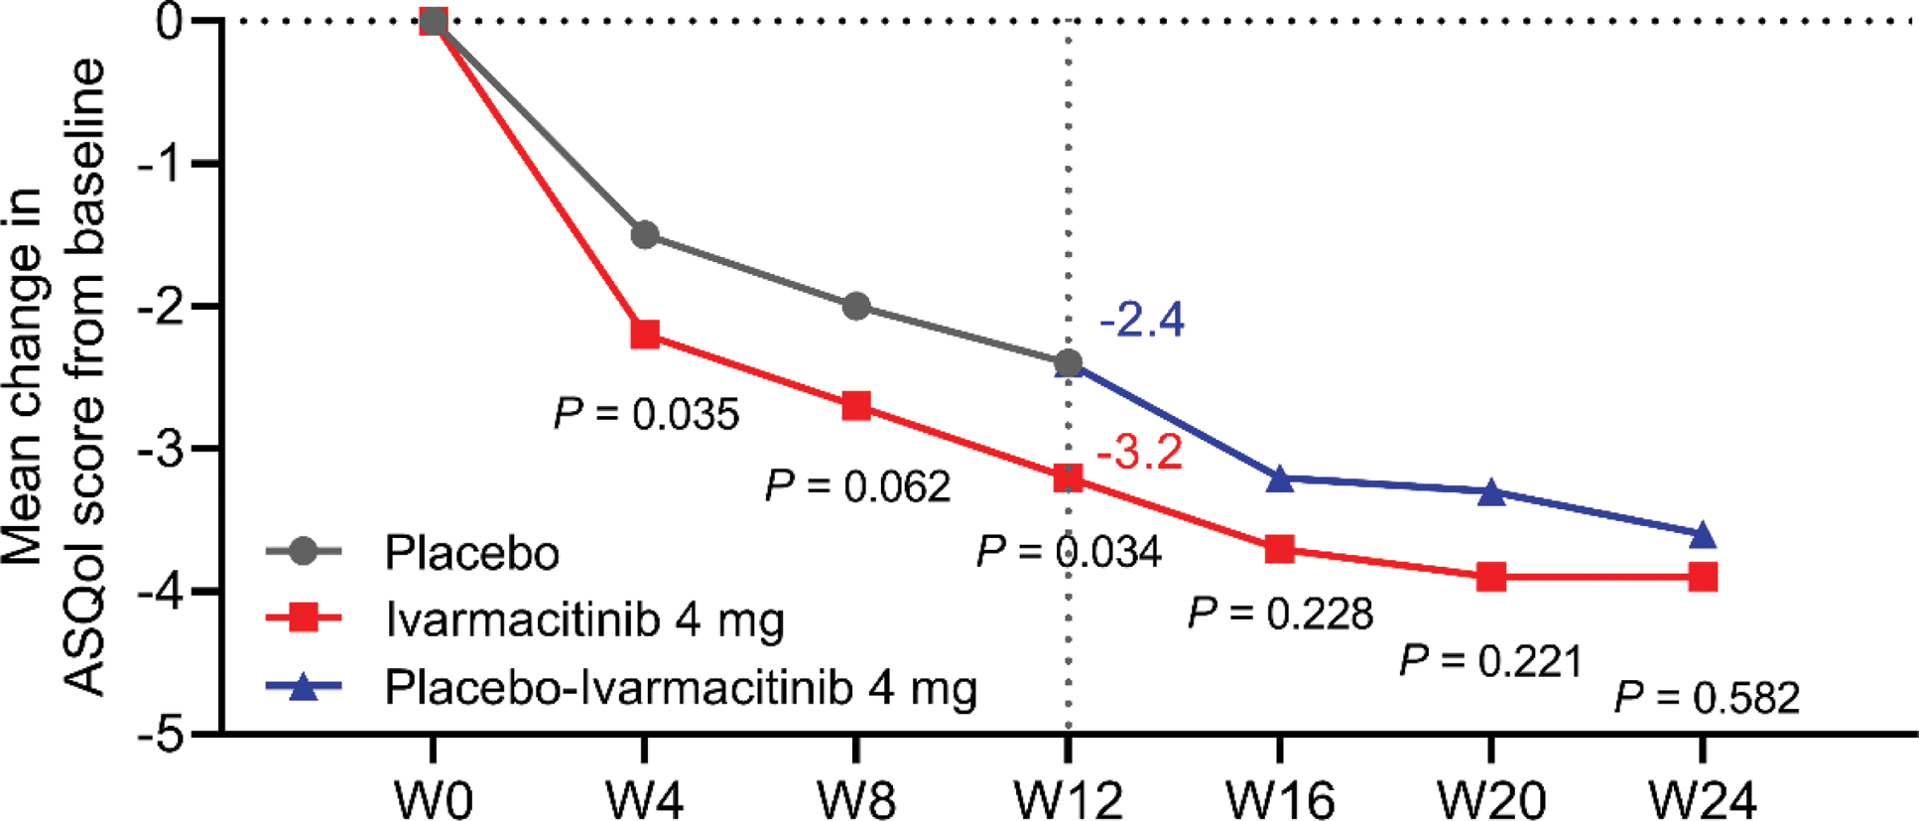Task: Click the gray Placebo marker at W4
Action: pos(645,235)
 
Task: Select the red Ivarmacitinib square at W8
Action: pos(856,406)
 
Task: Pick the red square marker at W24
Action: pos(1703,577)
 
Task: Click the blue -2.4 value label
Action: pos(1141,321)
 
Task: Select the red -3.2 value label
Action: pos(1139,453)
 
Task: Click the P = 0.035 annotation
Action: pos(647,414)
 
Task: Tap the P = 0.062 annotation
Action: pos(857,486)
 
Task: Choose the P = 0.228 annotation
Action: pos(1281,615)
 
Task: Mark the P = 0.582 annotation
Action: pos(1707,698)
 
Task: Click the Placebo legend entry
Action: pos(471,552)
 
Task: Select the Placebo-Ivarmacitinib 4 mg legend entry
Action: pos(681,688)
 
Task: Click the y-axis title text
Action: pos(55,377)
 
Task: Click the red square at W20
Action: pos(1491,577)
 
